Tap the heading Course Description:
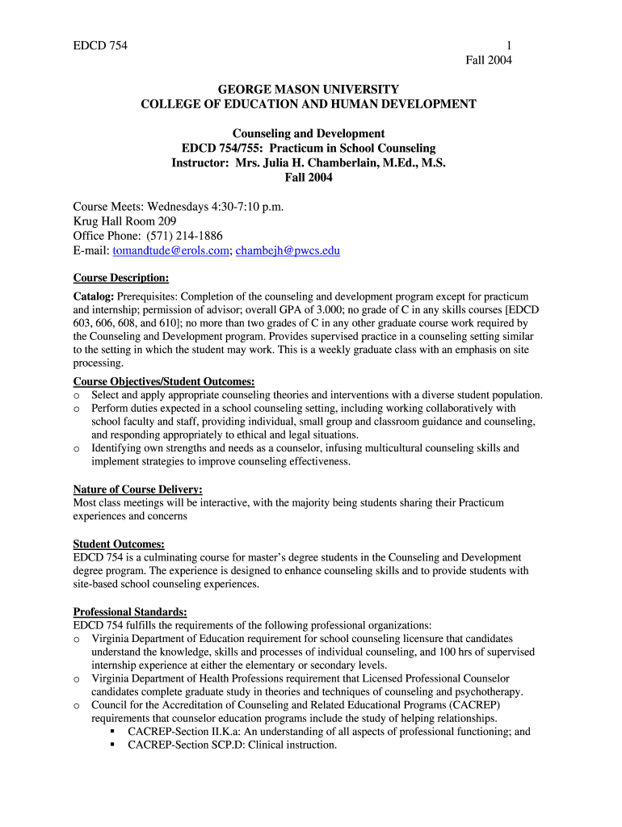pos(121,278)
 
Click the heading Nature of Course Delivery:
pos(137,489)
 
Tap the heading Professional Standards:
pos(130,611)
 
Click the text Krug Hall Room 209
pos(124,220)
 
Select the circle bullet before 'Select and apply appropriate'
pos(77,396)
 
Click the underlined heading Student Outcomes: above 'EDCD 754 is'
pos(119,544)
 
